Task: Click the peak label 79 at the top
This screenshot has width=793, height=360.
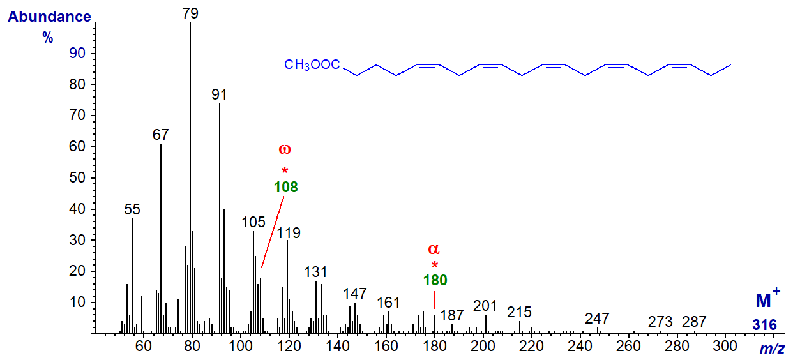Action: click(190, 13)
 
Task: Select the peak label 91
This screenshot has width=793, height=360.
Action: click(220, 94)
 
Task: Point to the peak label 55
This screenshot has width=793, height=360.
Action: click(132, 209)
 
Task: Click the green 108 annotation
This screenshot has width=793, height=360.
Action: click(285, 187)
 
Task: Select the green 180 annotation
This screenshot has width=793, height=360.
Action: click(435, 280)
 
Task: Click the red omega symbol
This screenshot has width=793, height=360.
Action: click(285, 149)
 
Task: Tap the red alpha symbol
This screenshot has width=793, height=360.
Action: click(434, 248)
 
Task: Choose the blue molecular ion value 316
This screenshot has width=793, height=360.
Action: click(764, 325)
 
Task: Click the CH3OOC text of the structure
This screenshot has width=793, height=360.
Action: click(312, 64)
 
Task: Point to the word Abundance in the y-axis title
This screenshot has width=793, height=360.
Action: click(49, 17)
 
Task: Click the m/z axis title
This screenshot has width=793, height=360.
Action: click(771, 349)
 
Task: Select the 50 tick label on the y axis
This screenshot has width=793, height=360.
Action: click(77, 178)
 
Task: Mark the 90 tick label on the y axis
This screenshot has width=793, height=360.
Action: click(77, 53)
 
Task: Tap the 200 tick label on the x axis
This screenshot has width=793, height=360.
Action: click(483, 347)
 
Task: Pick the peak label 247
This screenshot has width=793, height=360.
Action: click(597, 319)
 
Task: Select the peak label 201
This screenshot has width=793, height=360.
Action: click(486, 306)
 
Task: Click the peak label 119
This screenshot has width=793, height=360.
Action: click(288, 232)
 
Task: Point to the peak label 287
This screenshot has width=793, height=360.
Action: click(694, 321)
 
